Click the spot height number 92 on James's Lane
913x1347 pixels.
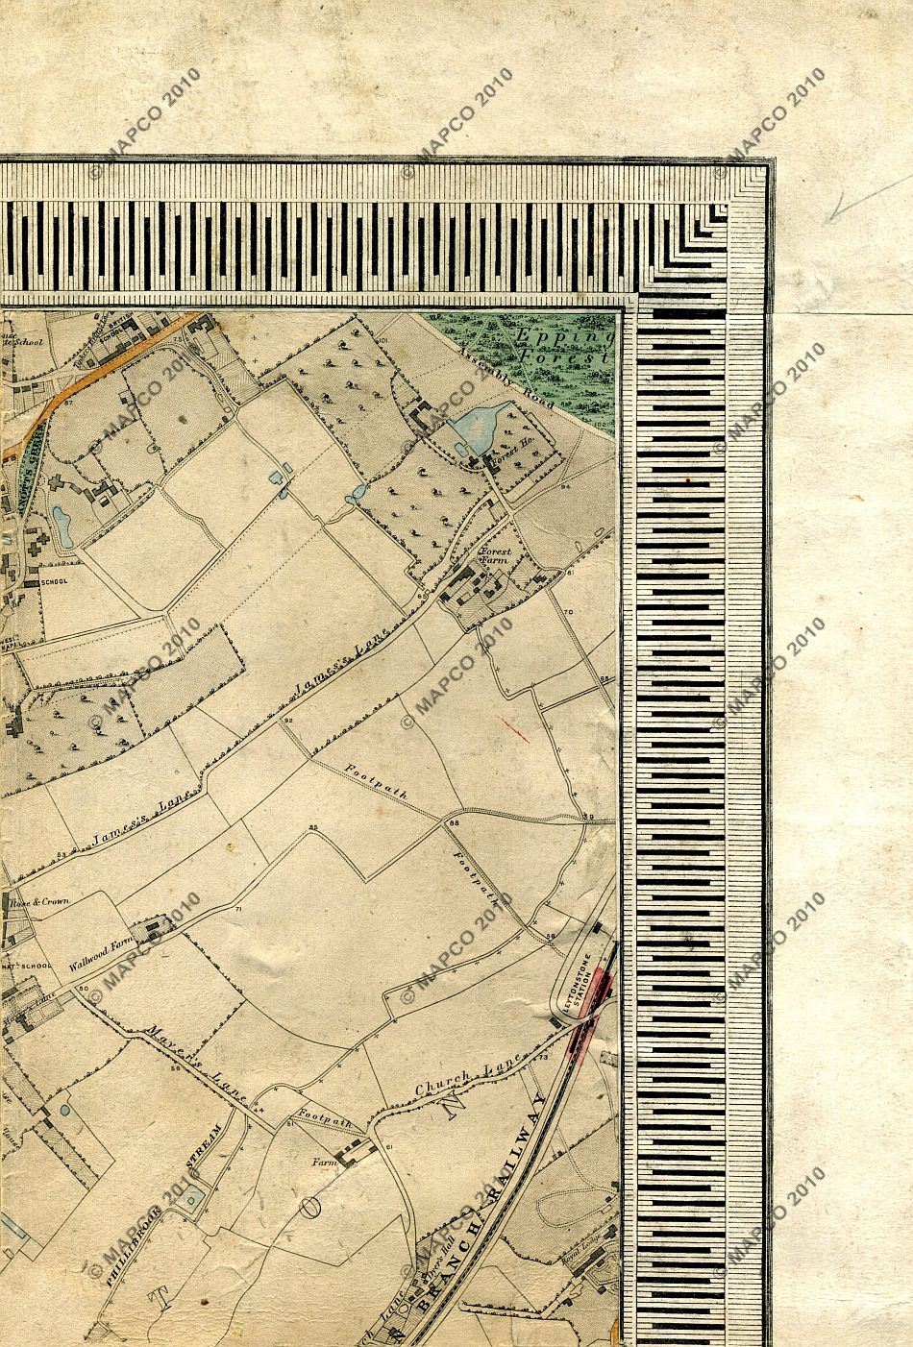[287, 720]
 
